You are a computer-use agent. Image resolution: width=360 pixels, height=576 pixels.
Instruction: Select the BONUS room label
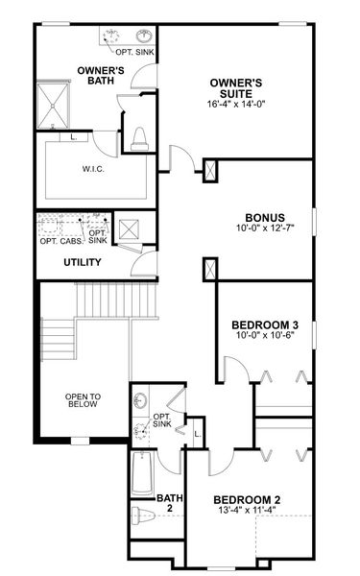264,217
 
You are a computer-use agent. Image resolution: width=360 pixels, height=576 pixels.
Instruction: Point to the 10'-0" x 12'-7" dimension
264,228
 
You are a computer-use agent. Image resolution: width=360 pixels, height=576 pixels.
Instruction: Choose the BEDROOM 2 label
247,499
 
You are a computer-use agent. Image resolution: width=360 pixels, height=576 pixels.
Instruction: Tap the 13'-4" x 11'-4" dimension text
247,511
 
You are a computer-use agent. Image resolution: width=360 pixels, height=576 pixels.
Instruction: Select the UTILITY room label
84,261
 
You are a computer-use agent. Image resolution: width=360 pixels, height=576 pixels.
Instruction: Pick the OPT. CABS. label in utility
60,241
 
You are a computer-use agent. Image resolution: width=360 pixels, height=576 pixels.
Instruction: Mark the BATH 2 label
169,504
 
